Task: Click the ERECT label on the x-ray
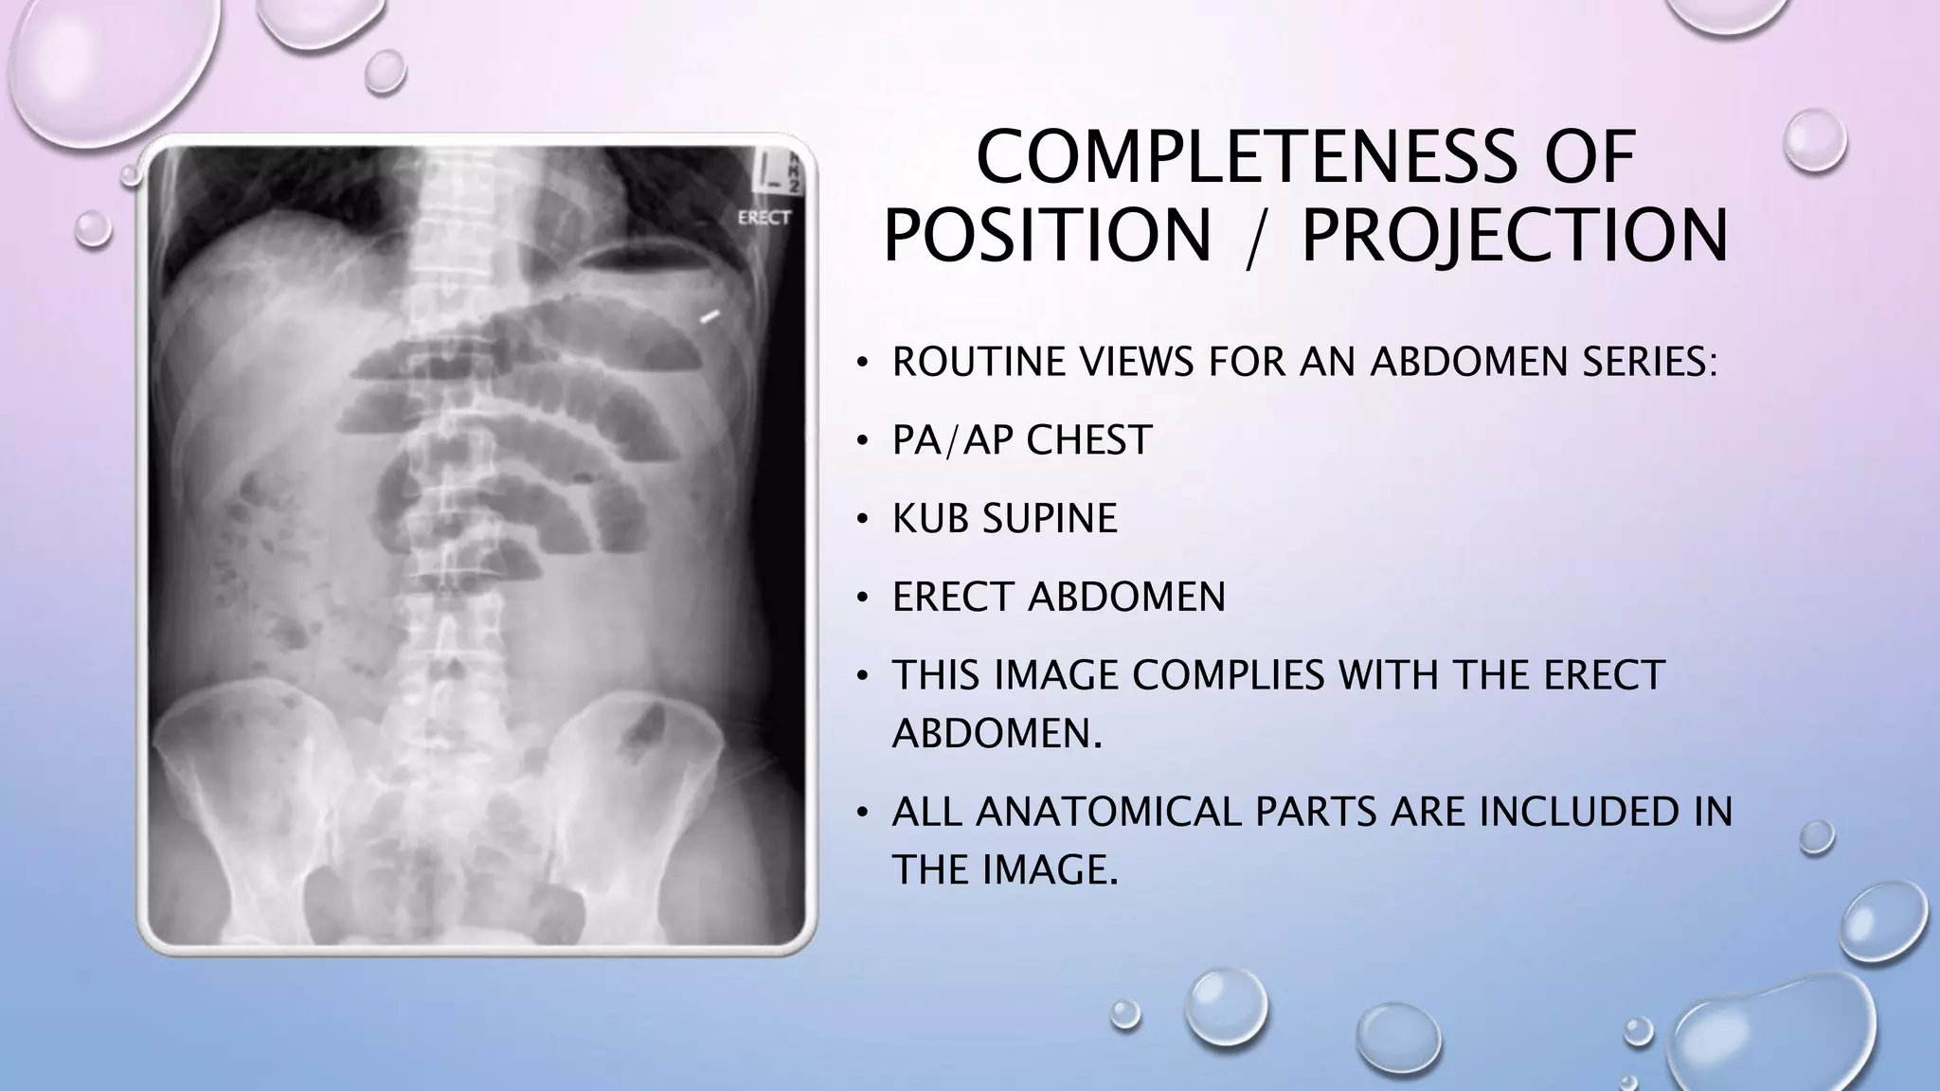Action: pyautogui.click(x=763, y=218)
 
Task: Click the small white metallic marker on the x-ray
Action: pyautogui.click(x=710, y=316)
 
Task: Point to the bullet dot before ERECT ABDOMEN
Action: pyautogui.click(x=861, y=598)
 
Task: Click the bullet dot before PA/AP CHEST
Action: pyautogui.click(x=861, y=441)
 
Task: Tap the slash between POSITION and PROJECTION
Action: pyautogui.click(x=1256, y=237)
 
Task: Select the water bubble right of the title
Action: pyautogui.click(x=1814, y=141)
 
